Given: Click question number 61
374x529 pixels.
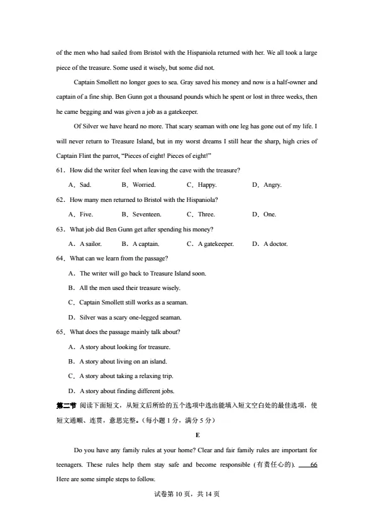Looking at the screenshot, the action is pyautogui.click(x=61, y=170).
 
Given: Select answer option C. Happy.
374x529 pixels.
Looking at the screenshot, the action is pyautogui.click(x=202, y=185).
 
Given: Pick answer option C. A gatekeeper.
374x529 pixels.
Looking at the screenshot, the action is pyautogui.click(x=211, y=244).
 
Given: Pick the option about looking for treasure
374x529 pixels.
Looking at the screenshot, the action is pyautogui.click(x=119, y=347).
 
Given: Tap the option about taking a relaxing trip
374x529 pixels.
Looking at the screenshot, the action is pyautogui.click(x=120, y=376).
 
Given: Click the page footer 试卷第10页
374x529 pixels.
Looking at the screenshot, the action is pyautogui.click(x=187, y=494).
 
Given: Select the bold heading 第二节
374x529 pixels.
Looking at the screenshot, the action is pyautogui.click(x=66, y=405).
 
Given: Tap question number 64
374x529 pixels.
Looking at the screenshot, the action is pyautogui.click(x=61, y=259).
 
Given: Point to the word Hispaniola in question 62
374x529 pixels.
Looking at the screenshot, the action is pyautogui.click(x=201, y=199).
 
